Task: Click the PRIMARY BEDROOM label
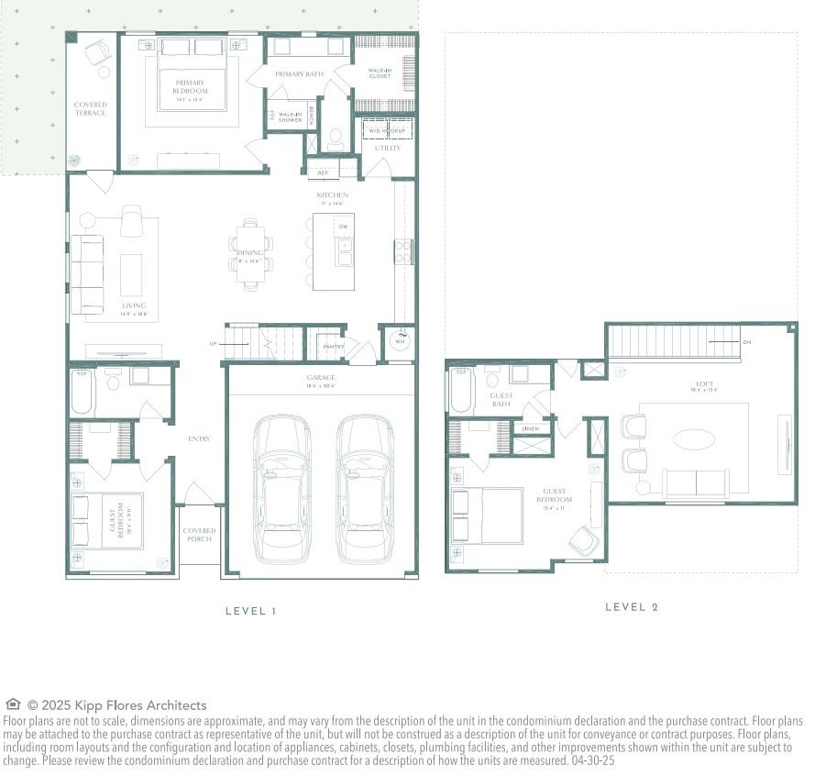click(192, 87)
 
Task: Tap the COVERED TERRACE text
click(90, 109)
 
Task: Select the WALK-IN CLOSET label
click(380, 73)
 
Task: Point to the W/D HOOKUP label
click(386, 131)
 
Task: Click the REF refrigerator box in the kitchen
click(323, 172)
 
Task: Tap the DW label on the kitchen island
click(343, 226)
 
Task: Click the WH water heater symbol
click(399, 339)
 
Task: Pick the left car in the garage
click(282, 488)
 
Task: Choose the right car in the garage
click(364, 488)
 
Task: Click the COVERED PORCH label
click(199, 535)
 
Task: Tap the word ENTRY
click(199, 438)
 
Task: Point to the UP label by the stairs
click(213, 344)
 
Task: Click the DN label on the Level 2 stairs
click(747, 342)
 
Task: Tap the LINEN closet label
click(530, 428)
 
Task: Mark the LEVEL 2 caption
click(632, 607)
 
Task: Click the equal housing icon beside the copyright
click(13, 704)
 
